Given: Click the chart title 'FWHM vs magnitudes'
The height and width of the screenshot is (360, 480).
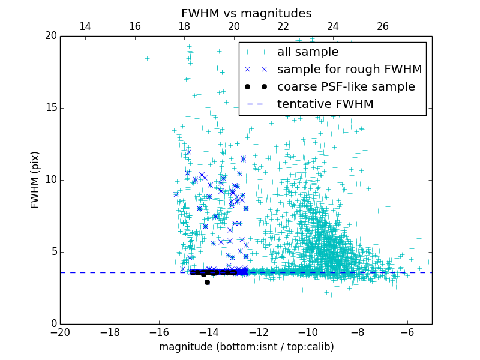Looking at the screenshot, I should coord(246,13).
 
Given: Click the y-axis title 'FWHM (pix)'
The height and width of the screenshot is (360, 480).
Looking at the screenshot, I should coord(35,179).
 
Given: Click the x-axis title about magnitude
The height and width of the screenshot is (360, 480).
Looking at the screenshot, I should coord(246,347).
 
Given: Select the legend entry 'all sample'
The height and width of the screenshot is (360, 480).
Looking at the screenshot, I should coord(308,52).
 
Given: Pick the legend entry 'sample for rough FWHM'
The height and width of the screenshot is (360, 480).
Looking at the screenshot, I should coord(349,70).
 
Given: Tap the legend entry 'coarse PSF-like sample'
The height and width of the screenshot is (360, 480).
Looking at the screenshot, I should coord(346,86).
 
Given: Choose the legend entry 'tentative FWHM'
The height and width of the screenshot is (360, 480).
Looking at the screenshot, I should coord(325,104).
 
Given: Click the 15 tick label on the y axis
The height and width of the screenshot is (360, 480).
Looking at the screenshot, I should coord(50,108).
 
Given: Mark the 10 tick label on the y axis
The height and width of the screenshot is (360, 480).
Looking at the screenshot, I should coord(50,180).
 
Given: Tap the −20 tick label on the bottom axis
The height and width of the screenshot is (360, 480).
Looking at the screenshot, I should coord(60,332).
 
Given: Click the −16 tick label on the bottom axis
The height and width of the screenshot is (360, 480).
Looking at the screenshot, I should coord(159,332).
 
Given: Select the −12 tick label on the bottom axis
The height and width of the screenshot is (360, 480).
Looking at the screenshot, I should coord(259,332).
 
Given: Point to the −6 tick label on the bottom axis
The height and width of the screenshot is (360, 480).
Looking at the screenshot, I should coord(407,332).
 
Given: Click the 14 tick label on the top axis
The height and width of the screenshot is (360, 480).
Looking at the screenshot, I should coord(85,26).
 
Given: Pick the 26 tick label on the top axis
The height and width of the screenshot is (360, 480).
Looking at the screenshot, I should coord(383,26).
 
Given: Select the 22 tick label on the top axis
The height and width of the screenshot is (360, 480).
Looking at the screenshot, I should coord(283,26).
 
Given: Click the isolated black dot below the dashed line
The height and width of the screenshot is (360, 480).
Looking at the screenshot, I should coord(207,282).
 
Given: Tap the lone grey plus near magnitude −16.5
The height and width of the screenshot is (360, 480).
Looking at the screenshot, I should coord(147,58).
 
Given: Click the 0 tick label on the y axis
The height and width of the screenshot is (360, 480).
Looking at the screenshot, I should coord(53,324).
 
